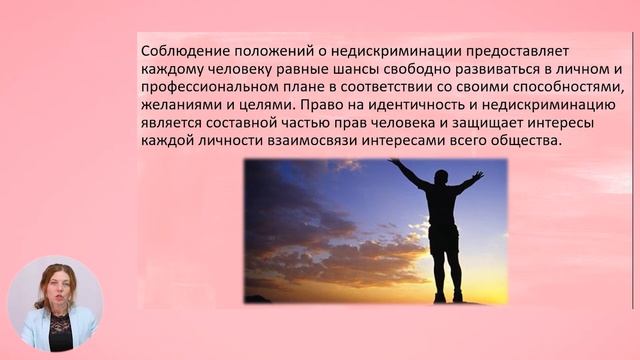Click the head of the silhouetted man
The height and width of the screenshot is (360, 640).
coord(441,177)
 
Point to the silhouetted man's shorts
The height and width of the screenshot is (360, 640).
coord(443,237)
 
